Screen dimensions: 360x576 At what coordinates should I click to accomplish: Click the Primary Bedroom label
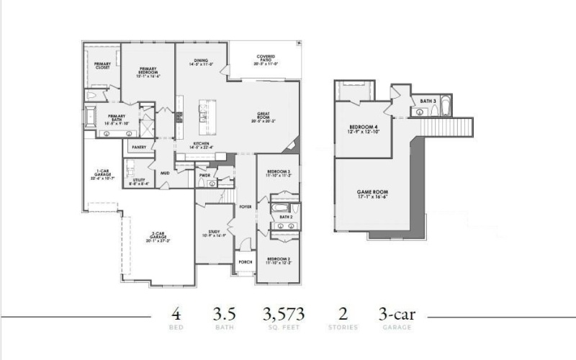(x=148, y=71)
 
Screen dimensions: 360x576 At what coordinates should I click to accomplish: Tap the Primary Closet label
(x=102, y=66)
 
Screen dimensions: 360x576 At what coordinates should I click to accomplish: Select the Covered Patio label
(x=266, y=59)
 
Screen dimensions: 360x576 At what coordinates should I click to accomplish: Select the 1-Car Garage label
(x=103, y=174)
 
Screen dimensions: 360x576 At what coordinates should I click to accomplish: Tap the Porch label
(x=245, y=262)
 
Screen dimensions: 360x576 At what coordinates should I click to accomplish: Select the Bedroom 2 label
(x=277, y=260)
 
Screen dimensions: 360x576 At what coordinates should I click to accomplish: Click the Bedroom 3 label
(x=277, y=173)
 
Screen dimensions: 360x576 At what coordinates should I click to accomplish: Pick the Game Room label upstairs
(x=372, y=194)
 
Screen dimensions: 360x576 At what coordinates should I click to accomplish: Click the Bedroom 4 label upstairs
(x=362, y=127)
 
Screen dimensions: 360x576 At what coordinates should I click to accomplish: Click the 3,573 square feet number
(x=283, y=315)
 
